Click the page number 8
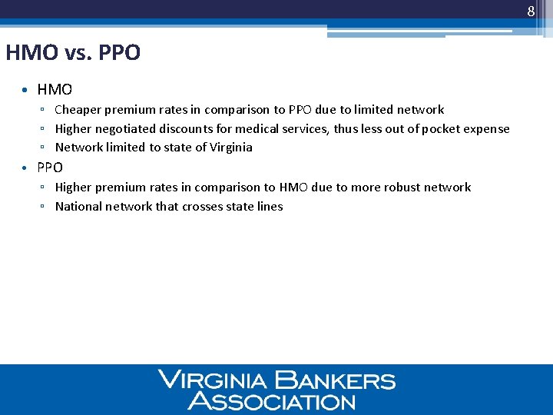tap(530, 12)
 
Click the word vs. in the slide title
tap(78, 53)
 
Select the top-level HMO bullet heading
tap(55, 90)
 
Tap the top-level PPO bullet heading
tap(50, 168)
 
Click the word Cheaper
tap(80, 110)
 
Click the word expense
tap(485, 129)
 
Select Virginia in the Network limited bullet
tap(230, 148)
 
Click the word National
tap(78, 207)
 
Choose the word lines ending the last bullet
tap(270, 207)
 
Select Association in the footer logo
tap(272, 400)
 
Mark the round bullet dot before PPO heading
tap(25, 168)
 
